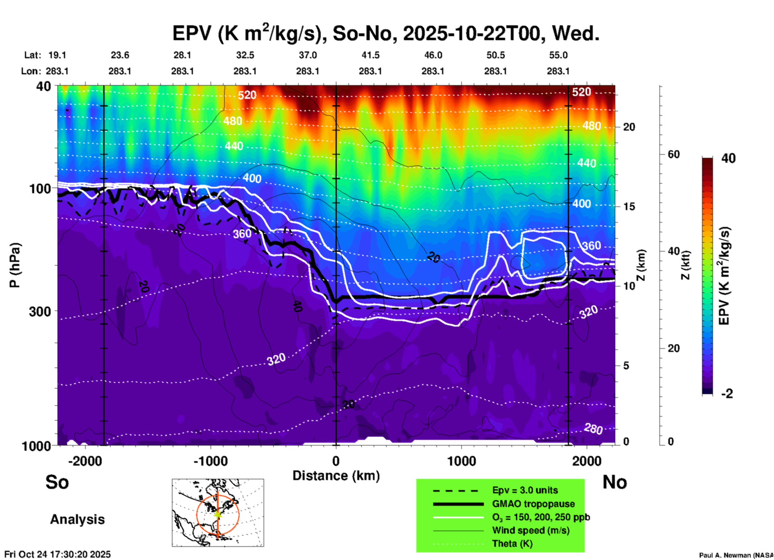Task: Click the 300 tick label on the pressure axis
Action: coord(40,311)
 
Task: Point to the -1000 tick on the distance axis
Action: coord(211,461)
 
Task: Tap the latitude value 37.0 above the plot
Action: coord(307,55)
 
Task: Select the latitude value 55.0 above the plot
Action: coord(558,55)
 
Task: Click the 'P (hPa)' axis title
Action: coord(14,265)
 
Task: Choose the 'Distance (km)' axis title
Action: coord(336,476)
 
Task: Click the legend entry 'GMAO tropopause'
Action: coord(533,504)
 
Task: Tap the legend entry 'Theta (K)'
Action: coord(512,544)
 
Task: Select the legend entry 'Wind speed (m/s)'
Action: coord(530,530)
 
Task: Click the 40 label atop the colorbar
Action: coord(728,158)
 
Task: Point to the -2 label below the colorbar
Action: coord(727,394)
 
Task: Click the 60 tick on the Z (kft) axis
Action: coord(674,154)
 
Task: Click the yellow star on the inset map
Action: coord(218,514)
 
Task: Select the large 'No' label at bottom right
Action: coord(614,482)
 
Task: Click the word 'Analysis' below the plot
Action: coord(77,519)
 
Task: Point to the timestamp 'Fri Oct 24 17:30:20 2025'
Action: coord(57,554)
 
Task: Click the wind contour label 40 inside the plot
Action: coord(297,306)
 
